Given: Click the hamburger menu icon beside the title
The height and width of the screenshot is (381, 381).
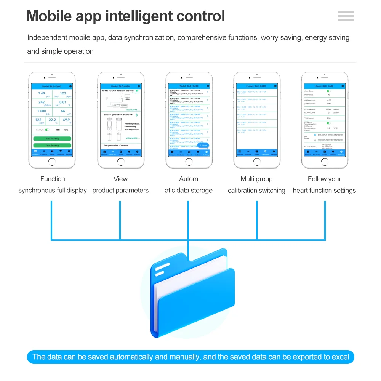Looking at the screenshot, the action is pyautogui.click(x=346, y=16).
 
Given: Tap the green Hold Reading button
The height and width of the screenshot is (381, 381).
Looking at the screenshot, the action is pyautogui.click(x=52, y=139).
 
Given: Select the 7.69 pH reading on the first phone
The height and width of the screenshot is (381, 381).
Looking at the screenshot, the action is pyautogui.click(x=42, y=94).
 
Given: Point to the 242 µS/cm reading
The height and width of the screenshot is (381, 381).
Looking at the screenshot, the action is pyautogui.click(x=42, y=102).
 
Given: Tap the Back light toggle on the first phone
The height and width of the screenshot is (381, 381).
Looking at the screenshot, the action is pyautogui.click(x=47, y=130).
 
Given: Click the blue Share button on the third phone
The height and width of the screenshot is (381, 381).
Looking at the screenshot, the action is pyautogui.click(x=203, y=145).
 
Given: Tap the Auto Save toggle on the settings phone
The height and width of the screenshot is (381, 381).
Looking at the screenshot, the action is pyautogui.click(x=328, y=91).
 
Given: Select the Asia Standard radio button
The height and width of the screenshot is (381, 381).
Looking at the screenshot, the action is pyautogui.click(x=315, y=135).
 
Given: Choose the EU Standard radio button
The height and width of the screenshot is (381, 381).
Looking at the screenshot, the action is pyautogui.click(x=315, y=140).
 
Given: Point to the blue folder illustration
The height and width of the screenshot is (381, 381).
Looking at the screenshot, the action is pyautogui.click(x=192, y=293).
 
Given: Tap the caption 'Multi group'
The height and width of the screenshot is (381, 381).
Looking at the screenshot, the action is pyautogui.click(x=256, y=179).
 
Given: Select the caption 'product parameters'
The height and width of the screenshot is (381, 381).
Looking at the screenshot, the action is pyautogui.click(x=120, y=190).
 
